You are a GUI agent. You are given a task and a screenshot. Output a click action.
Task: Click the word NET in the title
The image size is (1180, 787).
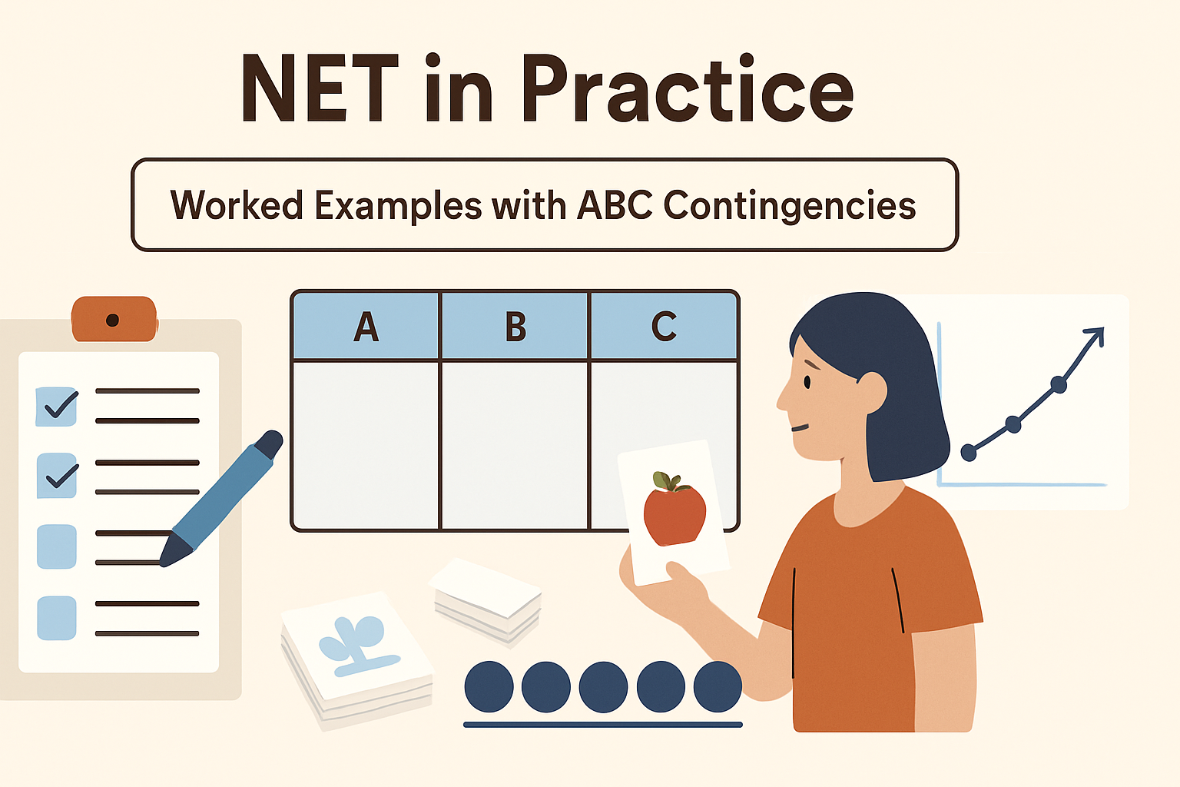tap(320, 91)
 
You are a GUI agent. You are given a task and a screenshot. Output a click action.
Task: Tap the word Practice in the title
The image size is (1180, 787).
tap(688, 91)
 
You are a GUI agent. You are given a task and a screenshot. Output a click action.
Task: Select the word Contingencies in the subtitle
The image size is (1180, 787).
tap(789, 205)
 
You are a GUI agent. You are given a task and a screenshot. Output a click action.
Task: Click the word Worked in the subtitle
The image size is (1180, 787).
tap(237, 205)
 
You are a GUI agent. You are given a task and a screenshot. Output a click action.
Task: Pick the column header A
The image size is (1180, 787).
tap(366, 327)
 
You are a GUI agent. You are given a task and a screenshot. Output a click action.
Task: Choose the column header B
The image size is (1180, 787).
tap(515, 327)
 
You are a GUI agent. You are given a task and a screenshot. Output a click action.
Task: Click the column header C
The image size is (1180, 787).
tap(664, 327)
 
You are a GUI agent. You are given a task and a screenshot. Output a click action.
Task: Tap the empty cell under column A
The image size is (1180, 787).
tap(366, 444)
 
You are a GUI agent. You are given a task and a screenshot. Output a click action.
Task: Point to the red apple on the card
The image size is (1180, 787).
tap(674, 510)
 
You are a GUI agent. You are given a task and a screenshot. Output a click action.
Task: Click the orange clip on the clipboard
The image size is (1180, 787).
tap(114, 319)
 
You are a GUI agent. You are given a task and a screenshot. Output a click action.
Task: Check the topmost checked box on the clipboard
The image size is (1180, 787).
tap(57, 406)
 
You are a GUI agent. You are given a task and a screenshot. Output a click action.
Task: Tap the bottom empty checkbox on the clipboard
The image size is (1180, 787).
tap(57, 618)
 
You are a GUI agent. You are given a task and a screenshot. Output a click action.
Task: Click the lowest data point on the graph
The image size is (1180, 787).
tap(969, 453)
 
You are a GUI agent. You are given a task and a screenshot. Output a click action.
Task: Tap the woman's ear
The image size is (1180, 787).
tap(873, 390)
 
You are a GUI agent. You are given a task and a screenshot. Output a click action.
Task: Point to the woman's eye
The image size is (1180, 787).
tap(807, 381)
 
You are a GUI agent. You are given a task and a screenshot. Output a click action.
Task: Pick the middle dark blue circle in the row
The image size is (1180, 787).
tap(603, 686)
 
